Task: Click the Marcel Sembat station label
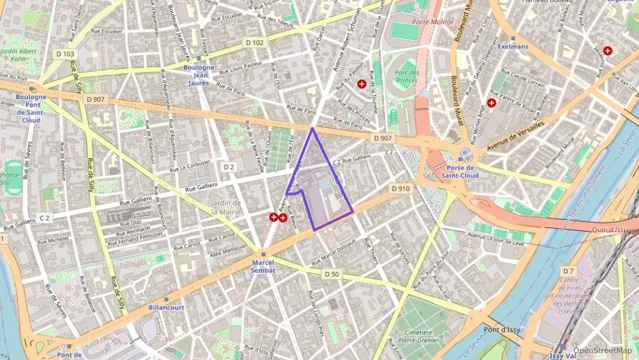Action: click(264, 266)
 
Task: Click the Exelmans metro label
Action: click(513, 46)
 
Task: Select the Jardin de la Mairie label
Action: click(226, 207)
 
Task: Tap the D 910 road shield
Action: click(400, 188)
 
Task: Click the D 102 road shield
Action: click(254, 42)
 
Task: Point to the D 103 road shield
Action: click(66, 53)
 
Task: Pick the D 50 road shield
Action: click(331, 274)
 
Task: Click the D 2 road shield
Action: click(229, 167)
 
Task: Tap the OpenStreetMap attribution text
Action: click(602, 350)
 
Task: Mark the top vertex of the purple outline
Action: click(313, 128)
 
